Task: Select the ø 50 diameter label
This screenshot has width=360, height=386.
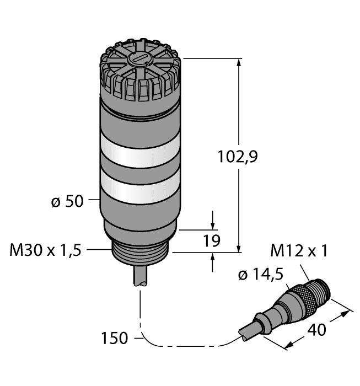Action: [x=67, y=202]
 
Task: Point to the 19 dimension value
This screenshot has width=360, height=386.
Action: [x=212, y=241]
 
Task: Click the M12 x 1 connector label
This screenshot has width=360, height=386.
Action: [x=299, y=253]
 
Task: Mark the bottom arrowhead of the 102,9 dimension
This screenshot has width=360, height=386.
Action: [x=239, y=249]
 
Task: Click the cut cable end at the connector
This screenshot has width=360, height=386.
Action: [x=244, y=333]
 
